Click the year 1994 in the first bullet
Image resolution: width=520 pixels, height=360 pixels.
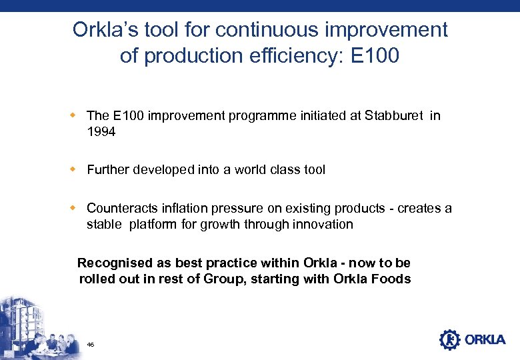[x=101, y=132]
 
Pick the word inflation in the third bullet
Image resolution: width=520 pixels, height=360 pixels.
[x=178, y=208]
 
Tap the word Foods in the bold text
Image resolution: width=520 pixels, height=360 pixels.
[x=392, y=279]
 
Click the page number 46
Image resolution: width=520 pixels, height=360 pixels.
[x=90, y=345]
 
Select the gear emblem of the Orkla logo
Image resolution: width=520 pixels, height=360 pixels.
[x=450, y=339]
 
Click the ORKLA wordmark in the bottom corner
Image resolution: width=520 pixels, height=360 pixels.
[x=485, y=340]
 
